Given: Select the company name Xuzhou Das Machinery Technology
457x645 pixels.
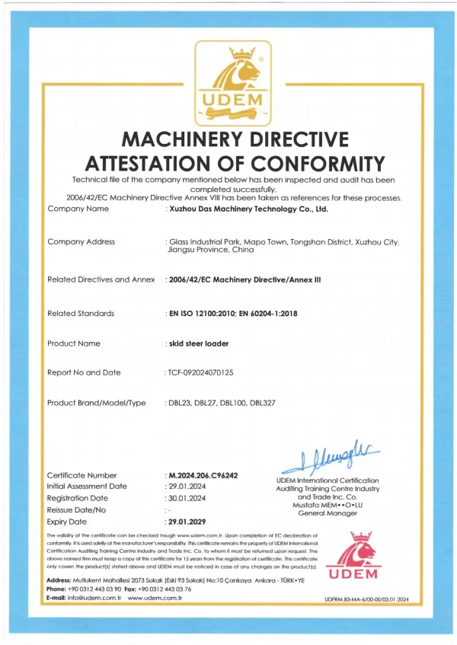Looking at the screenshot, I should coord(248,208).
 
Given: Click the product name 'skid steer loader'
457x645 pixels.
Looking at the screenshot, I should coord(198,343).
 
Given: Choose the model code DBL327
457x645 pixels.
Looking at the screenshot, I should coord(264,403).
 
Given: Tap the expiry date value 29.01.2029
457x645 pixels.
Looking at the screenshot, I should coord(187,522).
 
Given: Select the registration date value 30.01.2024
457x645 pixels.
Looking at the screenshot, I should coord(187,498).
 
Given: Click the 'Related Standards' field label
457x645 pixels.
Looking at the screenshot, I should coord(81,313).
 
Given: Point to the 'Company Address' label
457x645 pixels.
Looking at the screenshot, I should coord(81,241).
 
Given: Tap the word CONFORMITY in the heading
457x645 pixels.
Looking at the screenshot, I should coord(315,163).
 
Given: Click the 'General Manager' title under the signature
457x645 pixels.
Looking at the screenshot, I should coord(326,513).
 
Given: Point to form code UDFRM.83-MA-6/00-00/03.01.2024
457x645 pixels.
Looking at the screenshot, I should coord(366,601).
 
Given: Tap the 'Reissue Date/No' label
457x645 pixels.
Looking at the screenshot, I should coord(77,509).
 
